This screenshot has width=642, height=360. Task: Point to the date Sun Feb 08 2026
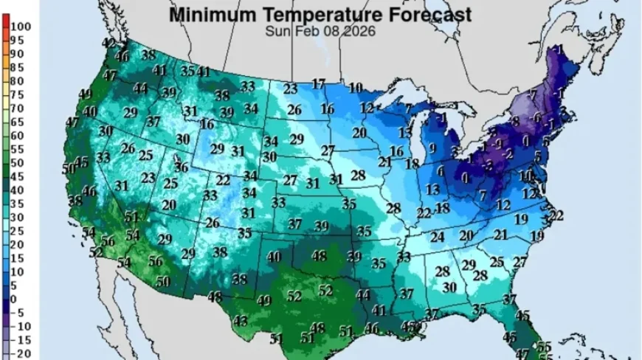coord(320,31)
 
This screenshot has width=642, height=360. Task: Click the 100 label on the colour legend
coord(20,27)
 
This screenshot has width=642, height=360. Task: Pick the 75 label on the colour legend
coord(16,94)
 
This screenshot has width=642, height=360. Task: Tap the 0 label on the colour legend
coord(13,298)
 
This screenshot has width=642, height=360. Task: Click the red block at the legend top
coord(4,27)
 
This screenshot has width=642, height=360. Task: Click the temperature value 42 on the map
coord(108,44)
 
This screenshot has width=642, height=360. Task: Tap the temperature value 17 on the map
coord(318,83)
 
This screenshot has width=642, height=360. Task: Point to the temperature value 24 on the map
coord(437,237)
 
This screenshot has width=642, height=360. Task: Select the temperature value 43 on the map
coord(241,321)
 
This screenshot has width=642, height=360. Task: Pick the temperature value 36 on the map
coord(181,167)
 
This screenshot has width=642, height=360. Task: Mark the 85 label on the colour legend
coord(16,67)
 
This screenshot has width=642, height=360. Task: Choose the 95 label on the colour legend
coord(16,40)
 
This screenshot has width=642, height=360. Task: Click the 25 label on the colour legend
coord(16,230)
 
